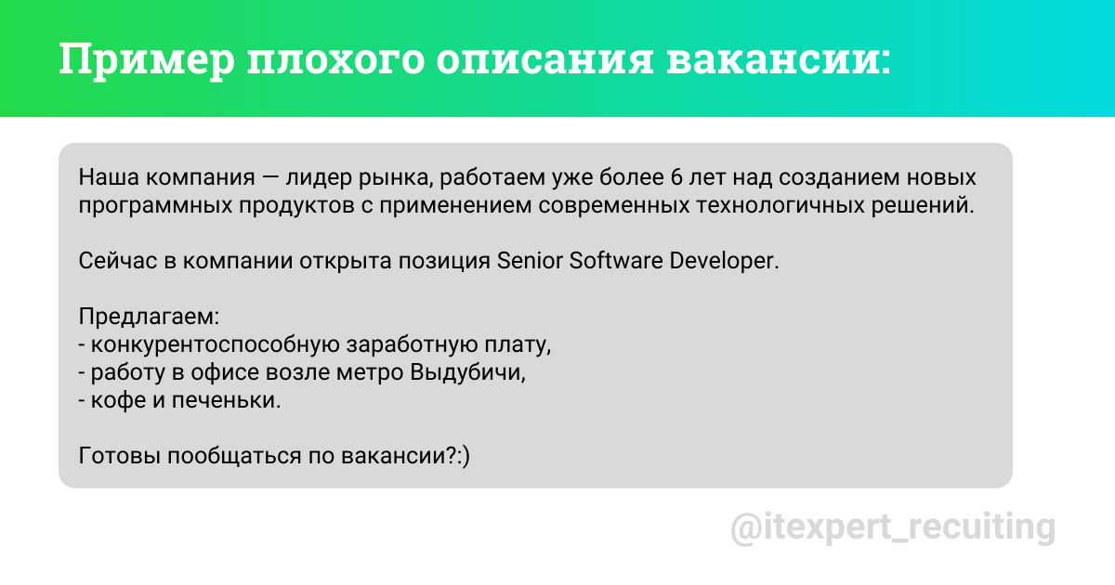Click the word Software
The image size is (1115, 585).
pos(617,260)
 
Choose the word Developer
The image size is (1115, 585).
pos(722,260)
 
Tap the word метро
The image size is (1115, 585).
pos(374,373)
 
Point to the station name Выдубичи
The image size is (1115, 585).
pos(472,373)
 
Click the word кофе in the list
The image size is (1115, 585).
pos(115,402)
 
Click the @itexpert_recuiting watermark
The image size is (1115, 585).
pos(893,527)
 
